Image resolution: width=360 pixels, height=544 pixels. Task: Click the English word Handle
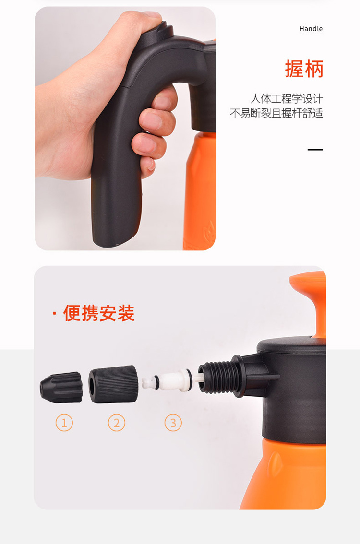point(311,29)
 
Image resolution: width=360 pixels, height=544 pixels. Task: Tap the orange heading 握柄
point(304,69)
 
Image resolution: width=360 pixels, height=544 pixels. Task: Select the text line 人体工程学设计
point(287,99)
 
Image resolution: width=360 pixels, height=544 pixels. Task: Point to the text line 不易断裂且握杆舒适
point(276,113)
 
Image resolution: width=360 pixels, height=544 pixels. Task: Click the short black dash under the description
point(315,150)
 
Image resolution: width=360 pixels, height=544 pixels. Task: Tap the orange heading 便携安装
point(98,313)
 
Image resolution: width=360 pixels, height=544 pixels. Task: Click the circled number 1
point(64,423)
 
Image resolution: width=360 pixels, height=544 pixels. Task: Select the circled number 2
point(116,423)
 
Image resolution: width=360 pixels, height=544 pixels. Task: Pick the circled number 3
point(173,423)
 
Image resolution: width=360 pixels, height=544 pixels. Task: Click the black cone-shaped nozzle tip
point(61,388)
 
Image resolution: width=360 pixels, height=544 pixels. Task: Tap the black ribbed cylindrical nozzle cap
point(113,384)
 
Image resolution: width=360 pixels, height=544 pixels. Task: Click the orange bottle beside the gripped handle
point(200,191)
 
